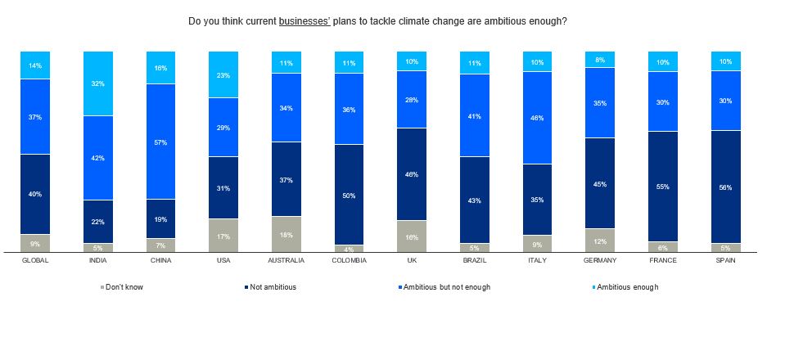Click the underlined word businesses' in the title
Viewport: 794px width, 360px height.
[305, 20]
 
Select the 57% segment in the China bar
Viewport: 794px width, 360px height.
[160, 142]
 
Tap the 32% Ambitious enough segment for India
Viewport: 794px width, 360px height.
[98, 83]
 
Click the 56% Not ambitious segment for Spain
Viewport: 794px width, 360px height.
[725, 187]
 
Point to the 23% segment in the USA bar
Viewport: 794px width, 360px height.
[223, 74]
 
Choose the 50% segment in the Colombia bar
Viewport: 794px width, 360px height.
[350, 195]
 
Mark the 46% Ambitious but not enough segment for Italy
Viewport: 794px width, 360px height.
[538, 118]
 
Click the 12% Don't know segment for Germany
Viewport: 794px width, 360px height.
[601, 240]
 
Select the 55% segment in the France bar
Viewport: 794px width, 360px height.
[662, 187]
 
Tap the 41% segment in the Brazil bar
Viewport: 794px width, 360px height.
[475, 115]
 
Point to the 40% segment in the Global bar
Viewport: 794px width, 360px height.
[35, 194]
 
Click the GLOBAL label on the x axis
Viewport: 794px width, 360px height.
[35, 260]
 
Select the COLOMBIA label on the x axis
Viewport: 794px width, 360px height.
[350, 260]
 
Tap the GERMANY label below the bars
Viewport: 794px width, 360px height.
[601, 260]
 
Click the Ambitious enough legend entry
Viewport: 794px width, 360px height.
[625, 287]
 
